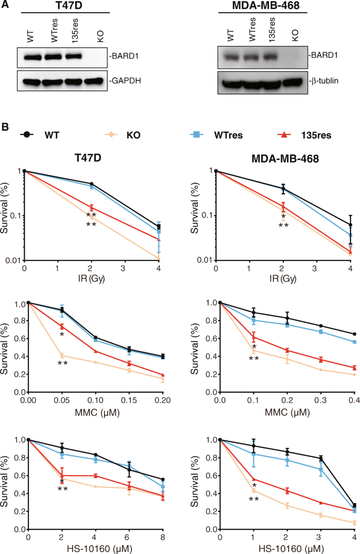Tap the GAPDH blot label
125,81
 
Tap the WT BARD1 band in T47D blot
32,57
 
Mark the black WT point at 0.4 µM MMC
354,334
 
